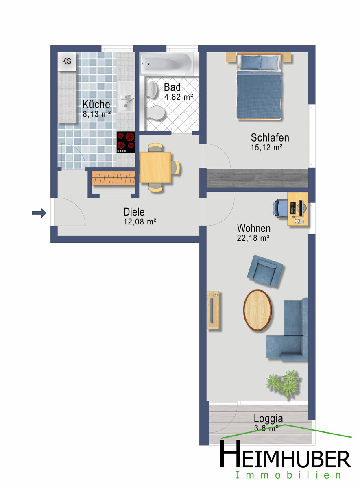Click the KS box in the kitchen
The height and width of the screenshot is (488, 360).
pos(67,61)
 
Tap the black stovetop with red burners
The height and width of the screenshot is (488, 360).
pos(126,142)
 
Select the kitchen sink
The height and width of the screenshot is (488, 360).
pos(126,96)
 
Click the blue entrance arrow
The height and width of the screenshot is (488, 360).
pos(39,213)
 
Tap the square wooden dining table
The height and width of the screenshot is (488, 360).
pos(155,167)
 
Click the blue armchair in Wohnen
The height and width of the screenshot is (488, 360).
pos(265,271)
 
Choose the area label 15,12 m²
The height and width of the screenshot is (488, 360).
pos(266,148)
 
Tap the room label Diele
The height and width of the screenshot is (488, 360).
pos(134,212)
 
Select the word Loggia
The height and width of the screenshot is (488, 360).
pos(268,419)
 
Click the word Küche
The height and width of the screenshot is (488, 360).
pos(96,104)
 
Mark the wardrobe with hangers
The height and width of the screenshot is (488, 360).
pos(113,178)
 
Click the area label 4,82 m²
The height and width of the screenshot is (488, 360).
pos(179,97)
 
